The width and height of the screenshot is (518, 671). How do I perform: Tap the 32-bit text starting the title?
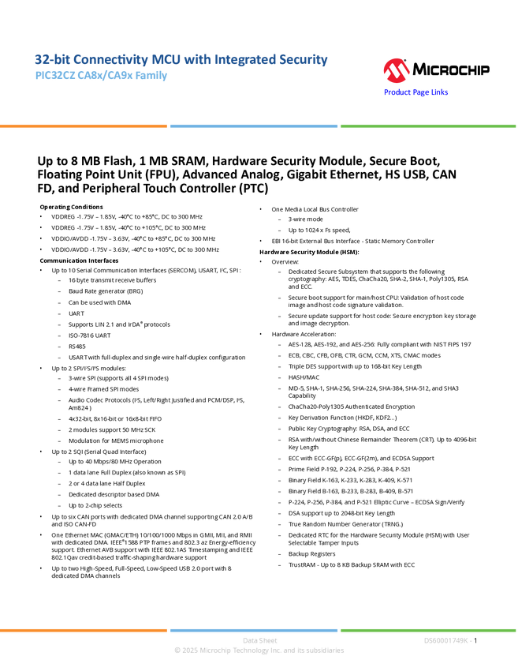click(x=45, y=60)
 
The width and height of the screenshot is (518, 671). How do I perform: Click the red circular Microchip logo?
click(x=397, y=71)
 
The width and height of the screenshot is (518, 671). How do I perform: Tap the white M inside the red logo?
click(x=397, y=73)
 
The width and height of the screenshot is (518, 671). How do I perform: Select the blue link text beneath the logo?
click(x=416, y=92)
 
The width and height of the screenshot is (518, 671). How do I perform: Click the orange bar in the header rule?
click(x=84, y=126)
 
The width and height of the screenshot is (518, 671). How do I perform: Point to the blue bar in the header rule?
click(x=254, y=126)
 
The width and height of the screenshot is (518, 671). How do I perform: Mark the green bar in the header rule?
click(x=428, y=126)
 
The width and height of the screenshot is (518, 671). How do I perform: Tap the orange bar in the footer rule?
click(x=84, y=630)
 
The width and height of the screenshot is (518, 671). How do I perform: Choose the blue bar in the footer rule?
click(x=254, y=630)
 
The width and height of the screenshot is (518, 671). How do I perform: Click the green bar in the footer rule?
click(x=428, y=630)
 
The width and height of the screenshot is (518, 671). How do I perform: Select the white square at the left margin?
click(x=19, y=173)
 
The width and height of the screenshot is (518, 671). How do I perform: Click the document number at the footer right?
click(x=448, y=641)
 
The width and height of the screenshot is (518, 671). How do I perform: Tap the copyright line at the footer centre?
click(x=259, y=651)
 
